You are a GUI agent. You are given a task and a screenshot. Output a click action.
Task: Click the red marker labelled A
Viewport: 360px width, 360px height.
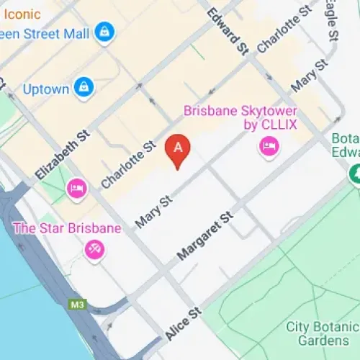[178, 149]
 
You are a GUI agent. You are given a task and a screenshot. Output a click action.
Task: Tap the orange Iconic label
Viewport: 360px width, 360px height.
[22, 14]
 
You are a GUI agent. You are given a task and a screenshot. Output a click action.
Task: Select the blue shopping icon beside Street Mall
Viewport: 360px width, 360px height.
[105, 32]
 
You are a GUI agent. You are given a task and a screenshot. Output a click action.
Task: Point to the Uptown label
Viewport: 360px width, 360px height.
[46, 89]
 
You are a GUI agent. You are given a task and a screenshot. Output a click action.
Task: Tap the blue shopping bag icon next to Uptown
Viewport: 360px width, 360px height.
[85, 87]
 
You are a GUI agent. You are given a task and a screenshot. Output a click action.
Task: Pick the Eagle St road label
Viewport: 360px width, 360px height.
[333, 22]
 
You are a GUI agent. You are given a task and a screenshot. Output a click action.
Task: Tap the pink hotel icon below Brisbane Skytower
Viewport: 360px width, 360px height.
[269, 148]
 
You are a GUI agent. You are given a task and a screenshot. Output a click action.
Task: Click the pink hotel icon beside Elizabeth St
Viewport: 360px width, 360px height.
[76, 189]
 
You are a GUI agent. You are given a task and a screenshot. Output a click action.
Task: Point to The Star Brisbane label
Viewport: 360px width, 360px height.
[67, 229]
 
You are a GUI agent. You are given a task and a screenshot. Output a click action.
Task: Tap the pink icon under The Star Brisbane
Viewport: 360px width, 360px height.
[94, 249]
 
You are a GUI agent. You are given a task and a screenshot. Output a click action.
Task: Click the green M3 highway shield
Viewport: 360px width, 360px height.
[78, 305]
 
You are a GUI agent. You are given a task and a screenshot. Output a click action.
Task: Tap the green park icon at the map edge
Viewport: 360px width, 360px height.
[354, 174]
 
